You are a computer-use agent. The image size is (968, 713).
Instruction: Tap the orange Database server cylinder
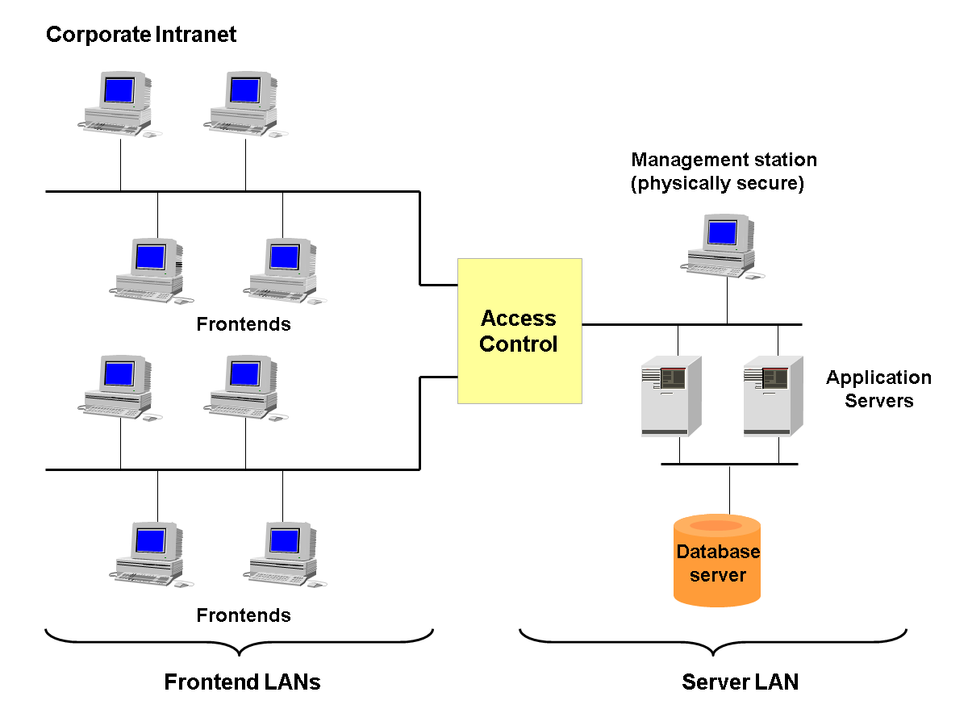(717, 561)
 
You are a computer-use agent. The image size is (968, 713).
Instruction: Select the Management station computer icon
(721, 247)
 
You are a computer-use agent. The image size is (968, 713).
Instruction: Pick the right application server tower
(772, 396)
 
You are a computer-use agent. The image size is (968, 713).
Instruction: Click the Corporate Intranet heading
(141, 35)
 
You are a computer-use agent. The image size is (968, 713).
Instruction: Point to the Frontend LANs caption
(242, 682)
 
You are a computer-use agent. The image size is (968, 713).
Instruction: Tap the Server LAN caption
(740, 682)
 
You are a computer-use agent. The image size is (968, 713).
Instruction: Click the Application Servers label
(878, 389)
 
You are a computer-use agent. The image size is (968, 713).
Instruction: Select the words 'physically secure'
(717, 184)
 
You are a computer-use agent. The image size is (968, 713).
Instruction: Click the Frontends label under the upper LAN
(243, 324)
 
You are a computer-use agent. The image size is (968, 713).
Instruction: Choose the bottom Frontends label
(243, 615)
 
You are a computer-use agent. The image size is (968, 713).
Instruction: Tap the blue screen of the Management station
(722, 233)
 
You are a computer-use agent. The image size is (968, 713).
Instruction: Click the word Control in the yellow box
(518, 344)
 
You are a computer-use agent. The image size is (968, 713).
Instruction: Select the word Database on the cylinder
(718, 552)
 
